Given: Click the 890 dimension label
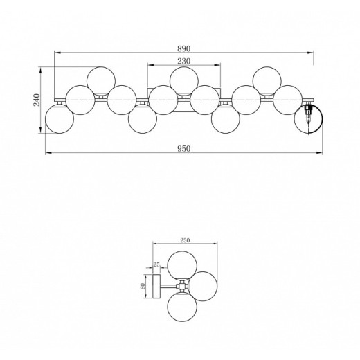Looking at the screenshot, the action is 184,48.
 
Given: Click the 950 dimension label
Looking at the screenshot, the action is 184,149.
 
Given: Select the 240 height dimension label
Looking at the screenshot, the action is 37,100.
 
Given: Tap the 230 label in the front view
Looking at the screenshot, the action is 184,61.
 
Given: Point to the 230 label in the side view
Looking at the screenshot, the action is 185,240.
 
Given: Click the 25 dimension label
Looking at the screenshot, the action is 156,264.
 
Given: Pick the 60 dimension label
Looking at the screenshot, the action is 143,286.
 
